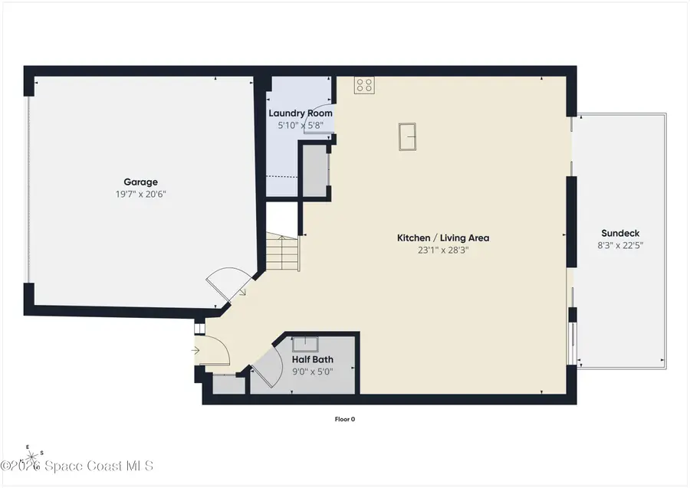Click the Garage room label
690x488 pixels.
coord(140,182)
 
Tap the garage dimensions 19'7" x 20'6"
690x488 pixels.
coord(140,195)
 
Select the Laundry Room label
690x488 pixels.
coord(301,113)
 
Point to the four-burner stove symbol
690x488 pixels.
coord(364,85)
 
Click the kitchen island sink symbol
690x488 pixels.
coord(408,136)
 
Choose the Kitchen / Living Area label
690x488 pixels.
coord(443,237)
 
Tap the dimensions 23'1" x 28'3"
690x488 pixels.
coord(443,251)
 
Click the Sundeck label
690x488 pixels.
coord(620,233)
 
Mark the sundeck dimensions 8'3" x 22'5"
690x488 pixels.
coord(620,245)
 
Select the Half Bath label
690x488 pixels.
coord(313,359)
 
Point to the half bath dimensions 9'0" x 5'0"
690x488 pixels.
coord(313,372)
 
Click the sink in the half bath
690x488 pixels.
coord(305,343)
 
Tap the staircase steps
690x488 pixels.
coord(282,252)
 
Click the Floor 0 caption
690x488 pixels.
coord(345,419)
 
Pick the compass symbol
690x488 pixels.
coord(31,457)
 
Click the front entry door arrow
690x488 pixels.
coord(195,350)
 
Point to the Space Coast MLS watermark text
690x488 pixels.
coord(77,466)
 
